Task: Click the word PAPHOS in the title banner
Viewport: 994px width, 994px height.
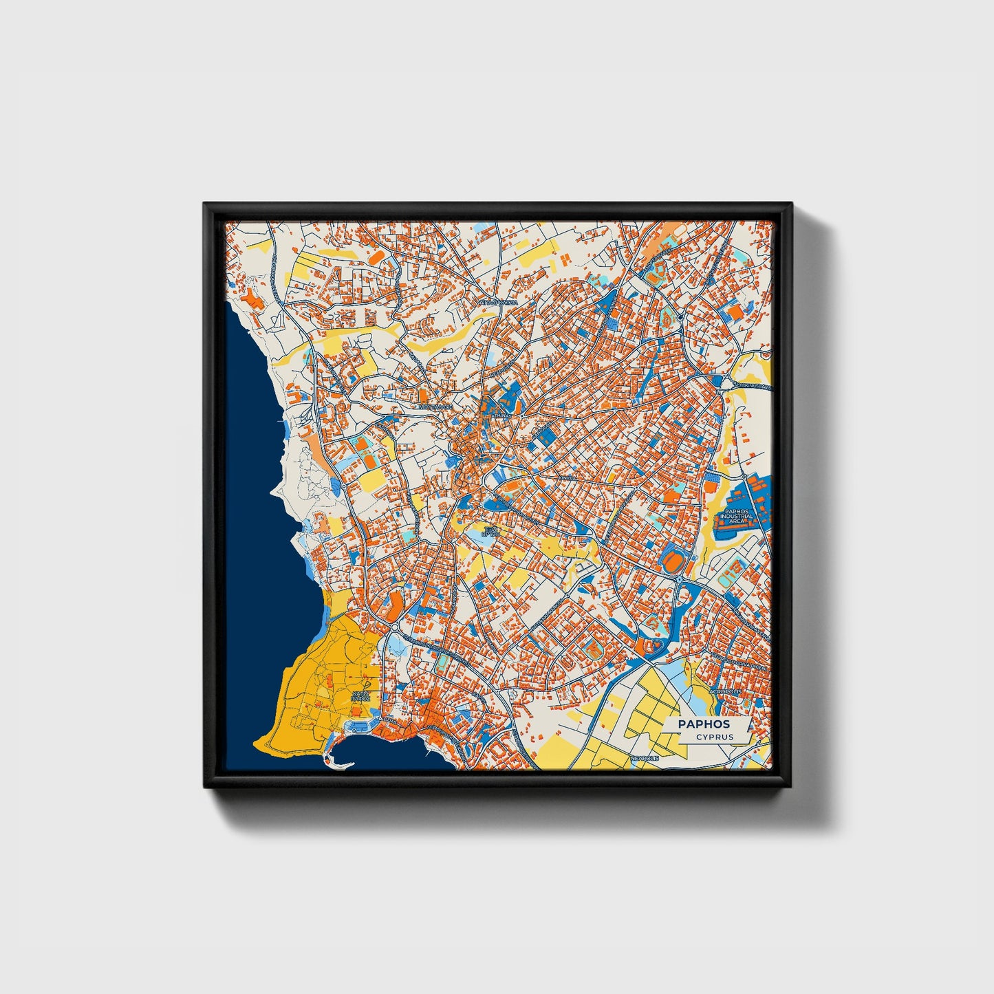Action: pos(704,724)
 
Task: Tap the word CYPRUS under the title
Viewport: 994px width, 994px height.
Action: pos(714,737)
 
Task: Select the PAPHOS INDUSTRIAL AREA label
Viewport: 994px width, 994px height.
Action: pos(737,516)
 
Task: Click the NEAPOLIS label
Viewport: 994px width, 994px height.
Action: pos(645,757)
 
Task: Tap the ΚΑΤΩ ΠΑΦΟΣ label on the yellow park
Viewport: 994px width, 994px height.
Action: pos(361,695)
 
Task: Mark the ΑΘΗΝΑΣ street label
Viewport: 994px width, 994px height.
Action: pos(501,416)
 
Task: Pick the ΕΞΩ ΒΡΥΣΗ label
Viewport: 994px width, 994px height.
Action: pos(490,531)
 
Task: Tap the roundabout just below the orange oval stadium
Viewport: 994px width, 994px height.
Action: pos(680,582)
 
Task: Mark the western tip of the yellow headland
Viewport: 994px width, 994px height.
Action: pos(255,744)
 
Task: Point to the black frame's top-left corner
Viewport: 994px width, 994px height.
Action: pos(205,204)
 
